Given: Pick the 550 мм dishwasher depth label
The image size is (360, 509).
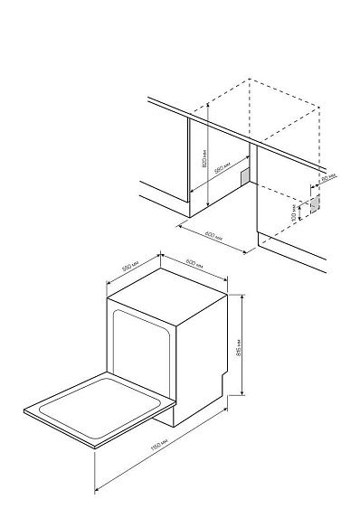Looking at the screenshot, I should click(128, 269).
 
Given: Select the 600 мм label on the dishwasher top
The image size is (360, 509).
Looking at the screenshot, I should click(192, 263).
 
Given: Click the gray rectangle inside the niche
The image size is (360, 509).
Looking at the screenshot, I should click(244, 173).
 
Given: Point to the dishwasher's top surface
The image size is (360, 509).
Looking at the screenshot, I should click(163, 289).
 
